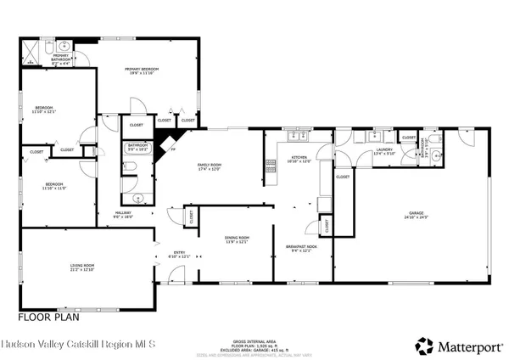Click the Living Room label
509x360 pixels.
point(82,267)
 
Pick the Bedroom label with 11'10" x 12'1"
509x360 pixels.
point(43,109)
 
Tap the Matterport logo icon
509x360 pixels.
point(422,345)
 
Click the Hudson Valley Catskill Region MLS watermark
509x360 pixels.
point(78,345)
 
